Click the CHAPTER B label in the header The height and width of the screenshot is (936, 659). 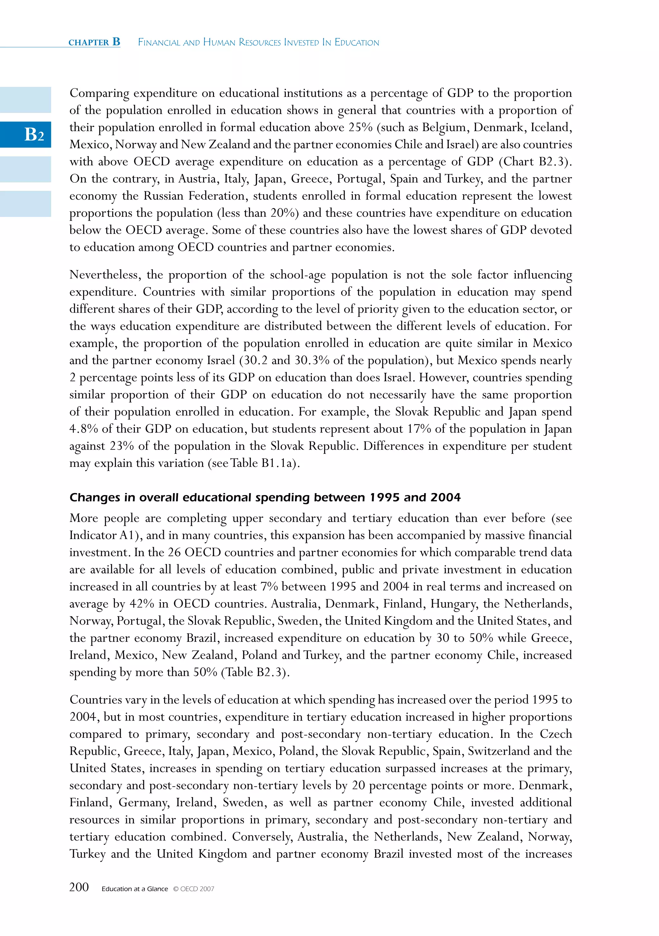94,42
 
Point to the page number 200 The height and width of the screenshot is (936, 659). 79,887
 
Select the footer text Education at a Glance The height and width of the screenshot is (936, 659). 135,889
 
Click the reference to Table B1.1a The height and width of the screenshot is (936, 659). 265,463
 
